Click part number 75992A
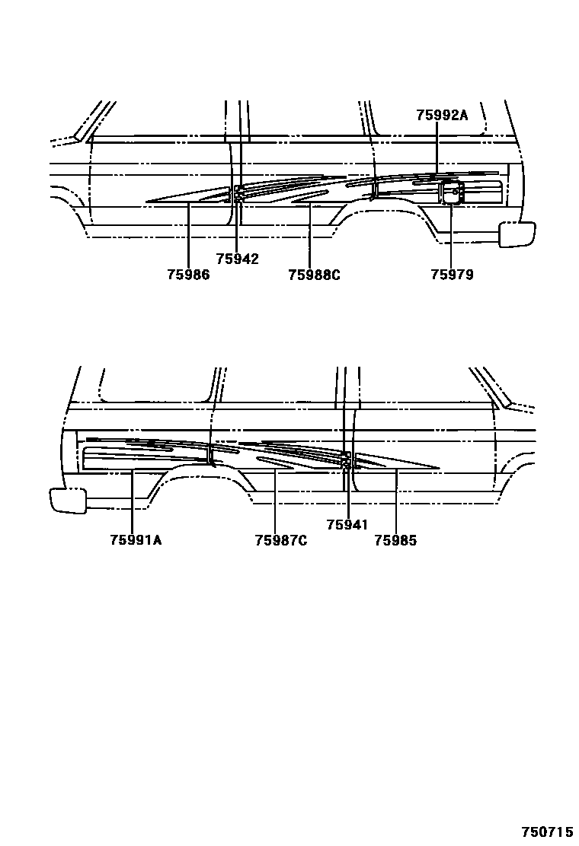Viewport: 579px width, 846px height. (x=442, y=115)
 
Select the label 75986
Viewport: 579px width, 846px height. (x=188, y=275)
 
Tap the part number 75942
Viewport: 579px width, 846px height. (x=237, y=259)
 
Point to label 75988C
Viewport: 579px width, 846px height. (x=314, y=275)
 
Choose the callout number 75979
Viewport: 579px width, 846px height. (x=452, y=275)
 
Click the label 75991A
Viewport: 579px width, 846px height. (x=136, y=540)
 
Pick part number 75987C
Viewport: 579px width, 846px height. (x=281, y=540)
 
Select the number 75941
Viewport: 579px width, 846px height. (x=347, y=525)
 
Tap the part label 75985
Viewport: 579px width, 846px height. (x=396, y=540)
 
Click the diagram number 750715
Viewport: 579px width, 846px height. (x=546, y=833)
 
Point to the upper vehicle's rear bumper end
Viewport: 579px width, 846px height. (x=517, y=234)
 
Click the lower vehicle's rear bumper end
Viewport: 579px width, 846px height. (x=68, y=500)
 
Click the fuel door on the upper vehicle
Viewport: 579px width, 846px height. (x=452, y=194)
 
